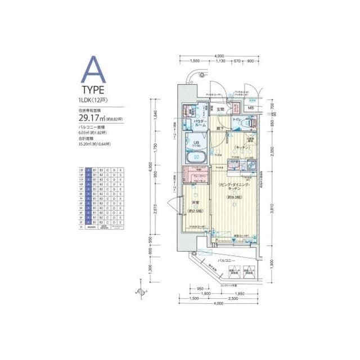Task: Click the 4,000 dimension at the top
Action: tap(220, 56)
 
